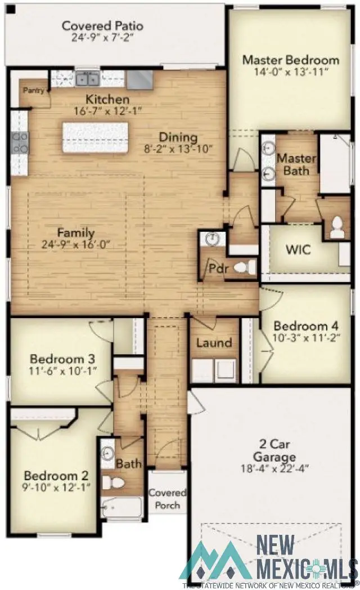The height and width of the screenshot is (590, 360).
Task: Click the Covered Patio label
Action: click(102, 26)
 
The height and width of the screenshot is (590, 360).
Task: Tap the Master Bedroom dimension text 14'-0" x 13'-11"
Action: click(290, 73)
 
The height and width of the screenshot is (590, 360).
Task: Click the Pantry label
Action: click(33, 90)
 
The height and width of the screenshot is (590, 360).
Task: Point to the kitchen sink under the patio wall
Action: click(87, 78)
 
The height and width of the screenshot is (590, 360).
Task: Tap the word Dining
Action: click(178, 137)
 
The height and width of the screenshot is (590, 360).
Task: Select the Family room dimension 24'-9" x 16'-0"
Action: click(75, 245)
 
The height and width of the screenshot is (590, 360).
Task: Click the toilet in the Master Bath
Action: click(337, 226)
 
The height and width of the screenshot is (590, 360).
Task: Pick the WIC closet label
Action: click(298, 249)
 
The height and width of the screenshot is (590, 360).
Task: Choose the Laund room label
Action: click(214, 343)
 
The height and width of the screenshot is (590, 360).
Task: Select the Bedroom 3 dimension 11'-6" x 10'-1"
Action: click(62, 371)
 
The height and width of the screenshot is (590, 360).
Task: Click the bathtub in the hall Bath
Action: click(121, 508)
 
